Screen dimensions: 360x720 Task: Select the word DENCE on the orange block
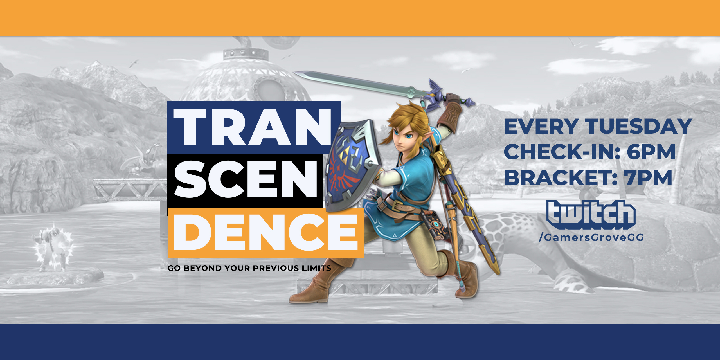(265, 232)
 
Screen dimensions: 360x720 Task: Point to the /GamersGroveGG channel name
(591, 238)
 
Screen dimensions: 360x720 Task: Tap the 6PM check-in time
(651, 152)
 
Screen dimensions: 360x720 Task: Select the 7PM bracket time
(648, 178)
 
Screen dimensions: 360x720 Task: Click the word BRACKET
(557, 178)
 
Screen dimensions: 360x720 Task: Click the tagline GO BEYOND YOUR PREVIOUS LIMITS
(249, 268)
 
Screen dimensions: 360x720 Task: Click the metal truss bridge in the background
(129, 188)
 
